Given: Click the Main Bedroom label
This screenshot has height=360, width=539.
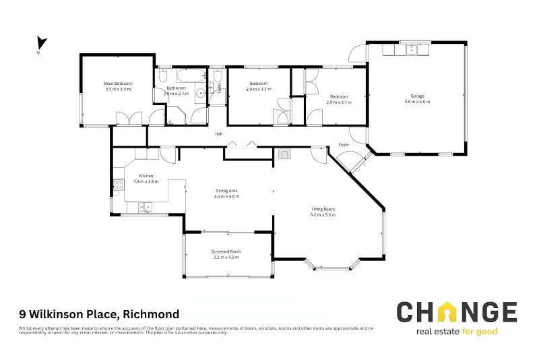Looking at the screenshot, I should coord(118,83).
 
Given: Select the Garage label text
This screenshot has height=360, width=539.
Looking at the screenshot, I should coord(417,96).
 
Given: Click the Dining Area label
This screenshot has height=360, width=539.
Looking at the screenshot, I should coord(226,191).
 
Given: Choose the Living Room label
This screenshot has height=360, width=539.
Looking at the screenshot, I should coord(323,209).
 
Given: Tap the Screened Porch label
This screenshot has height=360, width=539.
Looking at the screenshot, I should coord(226,251).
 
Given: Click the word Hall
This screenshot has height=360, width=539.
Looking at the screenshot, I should coord(219,134).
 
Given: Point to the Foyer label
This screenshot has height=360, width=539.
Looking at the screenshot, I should coord(344,145).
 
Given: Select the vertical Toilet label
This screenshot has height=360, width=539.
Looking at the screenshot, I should coord(219,88).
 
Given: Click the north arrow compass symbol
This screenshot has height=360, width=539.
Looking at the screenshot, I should coord(41,44).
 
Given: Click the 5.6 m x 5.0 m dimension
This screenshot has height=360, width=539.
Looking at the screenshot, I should coord(417,102).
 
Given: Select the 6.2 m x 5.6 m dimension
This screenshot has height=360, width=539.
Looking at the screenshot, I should coord(323,214).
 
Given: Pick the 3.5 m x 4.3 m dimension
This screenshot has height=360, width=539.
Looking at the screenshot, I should coord(118,89).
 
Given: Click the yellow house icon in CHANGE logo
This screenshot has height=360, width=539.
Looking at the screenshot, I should coord(445,312).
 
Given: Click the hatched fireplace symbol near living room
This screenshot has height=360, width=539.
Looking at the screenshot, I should coord(284,153).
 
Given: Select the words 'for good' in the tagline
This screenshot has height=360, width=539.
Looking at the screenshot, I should coord(484,332).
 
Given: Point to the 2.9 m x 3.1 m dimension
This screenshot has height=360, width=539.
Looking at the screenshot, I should coord(339,102).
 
